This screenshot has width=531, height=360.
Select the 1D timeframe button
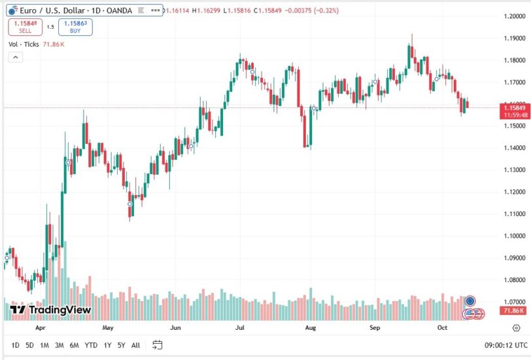click(x=15, y=345)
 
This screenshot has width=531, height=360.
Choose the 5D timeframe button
click(x=29, y=345)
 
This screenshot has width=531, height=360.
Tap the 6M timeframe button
click(x=74, y=345)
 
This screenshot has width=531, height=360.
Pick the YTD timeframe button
click(x=91, y=345)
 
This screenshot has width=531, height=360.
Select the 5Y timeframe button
click(x=121, y=345)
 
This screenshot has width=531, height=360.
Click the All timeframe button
click(x=135, y=345)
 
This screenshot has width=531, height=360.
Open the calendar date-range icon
click(x=157, y=345)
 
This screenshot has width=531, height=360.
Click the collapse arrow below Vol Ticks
click(x=15, y=57)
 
